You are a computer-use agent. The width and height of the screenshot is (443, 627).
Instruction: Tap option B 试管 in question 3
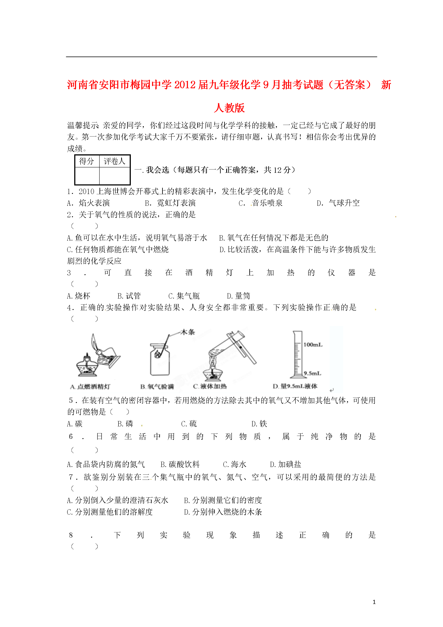129,296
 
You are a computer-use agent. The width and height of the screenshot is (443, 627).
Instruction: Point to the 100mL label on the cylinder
313,345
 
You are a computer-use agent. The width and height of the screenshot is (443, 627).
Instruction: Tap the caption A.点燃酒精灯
90,386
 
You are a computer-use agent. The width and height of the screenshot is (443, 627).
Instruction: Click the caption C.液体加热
210,386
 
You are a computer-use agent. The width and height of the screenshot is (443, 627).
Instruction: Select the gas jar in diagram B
160,360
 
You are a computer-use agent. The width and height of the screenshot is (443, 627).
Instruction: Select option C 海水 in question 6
235,464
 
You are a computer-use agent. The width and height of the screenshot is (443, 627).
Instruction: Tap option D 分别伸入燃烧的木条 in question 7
223,512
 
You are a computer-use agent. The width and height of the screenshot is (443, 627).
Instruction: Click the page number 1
374,602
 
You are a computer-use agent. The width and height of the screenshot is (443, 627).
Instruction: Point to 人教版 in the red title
229,108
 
